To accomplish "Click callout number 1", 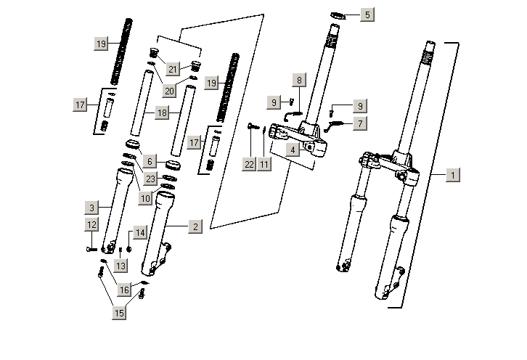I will point(452,175).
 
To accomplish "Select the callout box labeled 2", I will point(194,227).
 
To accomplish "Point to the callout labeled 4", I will point(291,150).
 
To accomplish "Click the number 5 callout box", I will point(367,15).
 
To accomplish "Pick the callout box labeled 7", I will point(359,124).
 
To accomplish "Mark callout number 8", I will point(298,80).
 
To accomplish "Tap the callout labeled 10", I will point(145,198).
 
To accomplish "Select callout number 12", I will point(91,225).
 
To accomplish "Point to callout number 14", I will point(140,232).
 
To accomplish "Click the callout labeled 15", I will point(118,314).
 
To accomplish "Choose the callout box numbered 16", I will point(124,290).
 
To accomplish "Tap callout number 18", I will point(163,113).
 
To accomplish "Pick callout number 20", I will point(169,91).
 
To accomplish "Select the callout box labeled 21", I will point(173,69).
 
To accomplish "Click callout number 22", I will point(249,165).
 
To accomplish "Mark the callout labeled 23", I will point(150,179).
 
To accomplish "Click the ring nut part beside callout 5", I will point(339,15).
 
